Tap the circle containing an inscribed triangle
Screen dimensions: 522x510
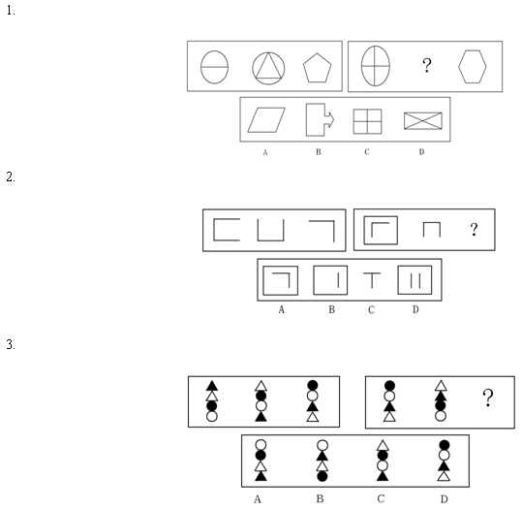click(x=268, y=52)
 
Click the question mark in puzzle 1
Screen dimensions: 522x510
click(x=427, y=65)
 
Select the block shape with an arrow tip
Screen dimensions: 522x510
click(x=307, y=120)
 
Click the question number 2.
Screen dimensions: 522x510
click(x=11, y=176)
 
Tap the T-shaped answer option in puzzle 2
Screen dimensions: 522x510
click(x=372, y=280)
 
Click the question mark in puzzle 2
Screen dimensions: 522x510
click(x=475, y=230)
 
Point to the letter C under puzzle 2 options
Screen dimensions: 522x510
click(x=372, y=310)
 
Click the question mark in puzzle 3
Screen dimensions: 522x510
click(x=488, y=398)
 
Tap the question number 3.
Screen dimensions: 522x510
click(x=11, y=344)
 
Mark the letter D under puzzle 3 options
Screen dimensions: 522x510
click(x=445, y=499)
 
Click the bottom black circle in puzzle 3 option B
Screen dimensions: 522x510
click(x=322, y=476)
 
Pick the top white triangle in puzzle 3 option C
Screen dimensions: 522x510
click(x=383, y=446)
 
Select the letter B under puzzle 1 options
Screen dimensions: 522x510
click(x=319, y=152)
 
